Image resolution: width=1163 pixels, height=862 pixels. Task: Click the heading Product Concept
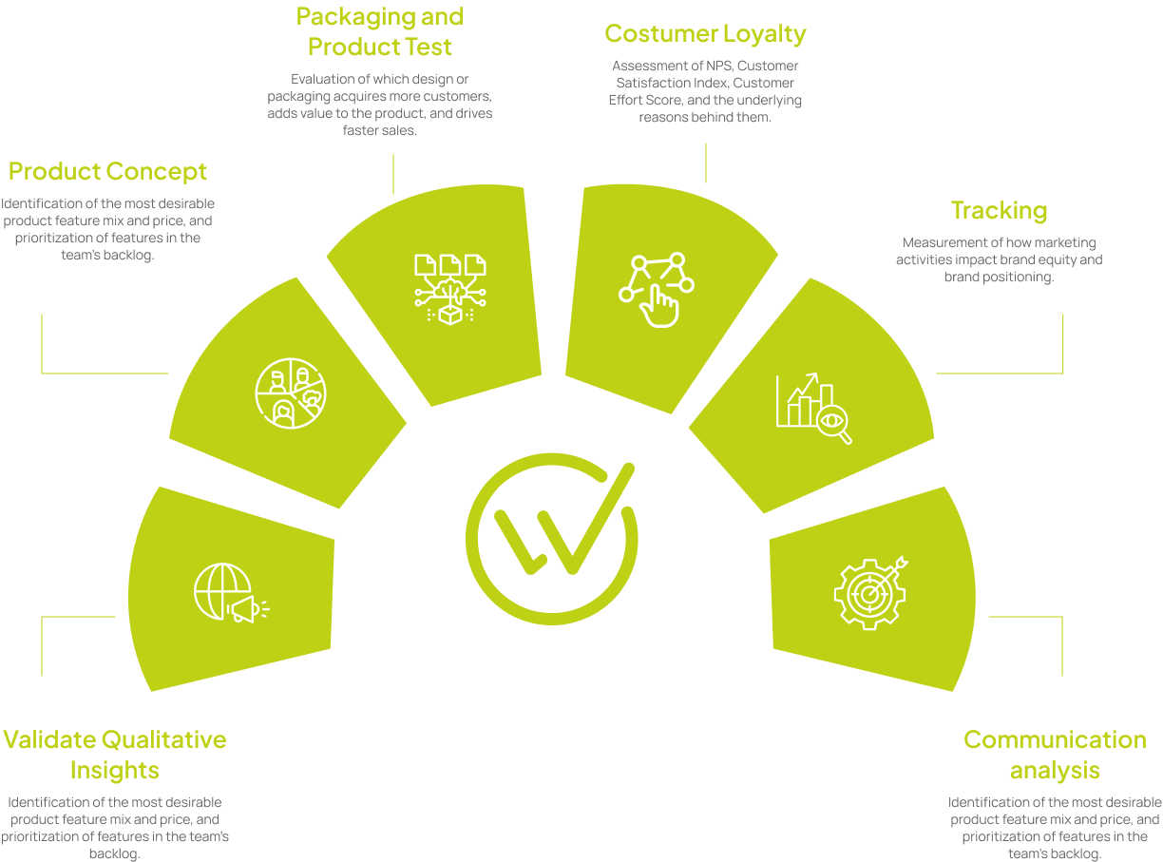107,172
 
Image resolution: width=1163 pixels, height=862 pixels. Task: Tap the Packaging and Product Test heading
380,31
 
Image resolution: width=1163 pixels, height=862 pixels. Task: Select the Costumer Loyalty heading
705,34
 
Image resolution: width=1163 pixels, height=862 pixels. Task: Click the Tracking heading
999,210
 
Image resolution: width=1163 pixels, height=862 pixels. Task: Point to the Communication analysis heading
1055,754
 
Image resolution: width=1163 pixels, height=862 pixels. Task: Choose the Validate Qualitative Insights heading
114,754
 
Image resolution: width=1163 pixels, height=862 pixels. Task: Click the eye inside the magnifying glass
832,419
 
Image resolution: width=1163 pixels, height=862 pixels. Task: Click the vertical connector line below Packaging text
393,174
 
